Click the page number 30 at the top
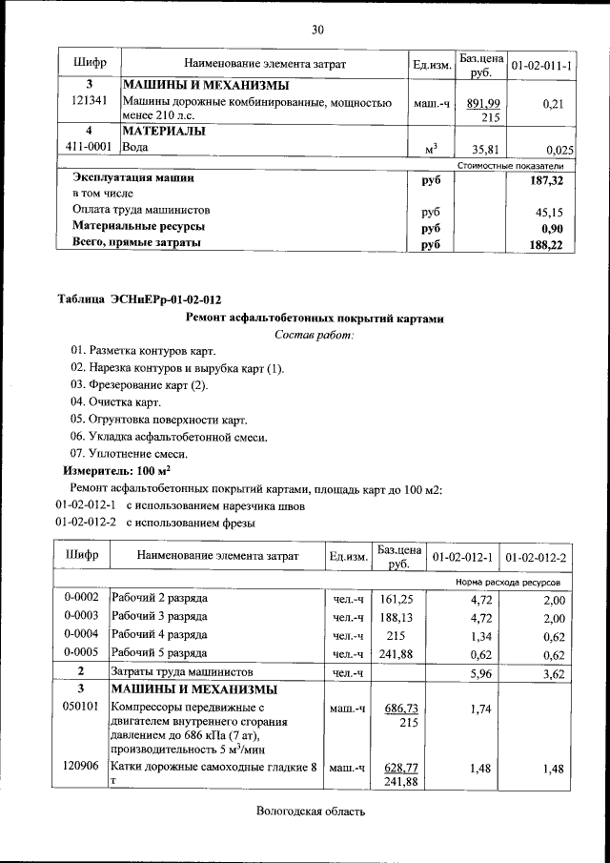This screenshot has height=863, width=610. coord(317,30)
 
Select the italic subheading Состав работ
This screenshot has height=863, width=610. coord(314,335)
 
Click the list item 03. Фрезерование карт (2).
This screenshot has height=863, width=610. coord(139,385)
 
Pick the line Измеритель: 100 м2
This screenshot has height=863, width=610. coord(116,471)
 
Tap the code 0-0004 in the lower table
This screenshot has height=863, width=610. coord(82,635)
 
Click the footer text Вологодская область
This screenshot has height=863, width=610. coord(311,812)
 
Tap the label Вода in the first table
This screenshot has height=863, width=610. coord(134,149)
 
